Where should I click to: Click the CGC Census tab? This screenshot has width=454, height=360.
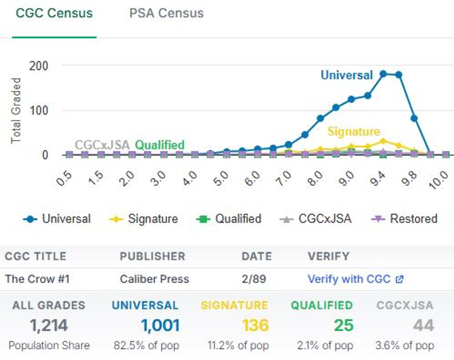tap(54, 13)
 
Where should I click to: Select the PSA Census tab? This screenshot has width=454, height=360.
tap(166, 13)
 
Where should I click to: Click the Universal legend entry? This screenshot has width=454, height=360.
tap(57, 219)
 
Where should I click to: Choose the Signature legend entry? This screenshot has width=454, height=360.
tap(144, 219)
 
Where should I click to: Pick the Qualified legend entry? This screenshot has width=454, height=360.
tap(229, 219)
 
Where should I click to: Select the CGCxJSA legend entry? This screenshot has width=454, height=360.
tap(316, 219)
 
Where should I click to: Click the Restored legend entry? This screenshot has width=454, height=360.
tap(404, 219)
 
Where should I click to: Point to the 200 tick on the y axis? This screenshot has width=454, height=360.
tap(39, 66)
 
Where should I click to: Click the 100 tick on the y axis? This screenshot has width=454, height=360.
tap(39, 111)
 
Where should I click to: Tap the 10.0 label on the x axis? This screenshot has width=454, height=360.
tap(439, 180)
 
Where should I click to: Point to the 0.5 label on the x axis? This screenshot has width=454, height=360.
tap(64, 179)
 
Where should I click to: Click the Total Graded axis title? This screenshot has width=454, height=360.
tap(16, 111)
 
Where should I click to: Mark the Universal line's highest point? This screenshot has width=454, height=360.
tap(383, 74)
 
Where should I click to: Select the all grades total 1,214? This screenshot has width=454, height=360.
tap(49, 326)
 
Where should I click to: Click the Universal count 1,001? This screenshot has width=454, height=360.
tap(160, 326)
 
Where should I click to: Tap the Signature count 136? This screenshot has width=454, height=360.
tap(255, 326)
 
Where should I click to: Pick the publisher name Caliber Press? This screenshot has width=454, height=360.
tap(154, 279)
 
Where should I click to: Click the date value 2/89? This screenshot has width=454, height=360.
tap(254, 279)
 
